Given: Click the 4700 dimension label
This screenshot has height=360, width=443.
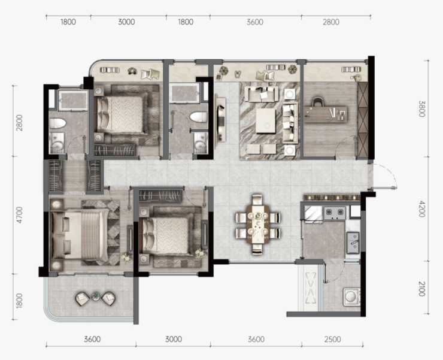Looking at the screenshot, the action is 19,215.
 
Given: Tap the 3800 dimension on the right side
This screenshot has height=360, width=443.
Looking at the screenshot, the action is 422,108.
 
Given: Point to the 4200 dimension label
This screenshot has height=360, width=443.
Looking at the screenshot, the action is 422,208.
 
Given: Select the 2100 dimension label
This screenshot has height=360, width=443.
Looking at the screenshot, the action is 422,289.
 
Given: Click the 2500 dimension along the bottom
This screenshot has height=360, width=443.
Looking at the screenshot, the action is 332,339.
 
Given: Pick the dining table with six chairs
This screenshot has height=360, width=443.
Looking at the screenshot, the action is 257,224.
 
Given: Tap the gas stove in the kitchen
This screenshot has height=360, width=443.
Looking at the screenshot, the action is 335,213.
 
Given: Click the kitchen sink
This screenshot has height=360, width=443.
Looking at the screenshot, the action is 353,243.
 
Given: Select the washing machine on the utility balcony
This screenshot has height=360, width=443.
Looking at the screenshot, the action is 351,297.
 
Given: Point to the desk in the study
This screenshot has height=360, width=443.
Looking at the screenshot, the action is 326,114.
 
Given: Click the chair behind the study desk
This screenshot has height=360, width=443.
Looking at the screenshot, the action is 318,101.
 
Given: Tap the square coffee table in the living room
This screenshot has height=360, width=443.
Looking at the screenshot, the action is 266,121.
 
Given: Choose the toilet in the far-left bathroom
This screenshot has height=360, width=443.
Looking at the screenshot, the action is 57,123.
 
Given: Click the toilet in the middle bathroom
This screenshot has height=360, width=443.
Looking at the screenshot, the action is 199,117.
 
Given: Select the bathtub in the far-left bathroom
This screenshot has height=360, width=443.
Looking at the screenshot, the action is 73,101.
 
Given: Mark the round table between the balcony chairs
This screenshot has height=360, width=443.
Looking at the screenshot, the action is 96,297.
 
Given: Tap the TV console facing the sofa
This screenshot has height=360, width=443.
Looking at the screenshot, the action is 220,119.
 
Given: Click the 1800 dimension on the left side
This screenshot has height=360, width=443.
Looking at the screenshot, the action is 19,300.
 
